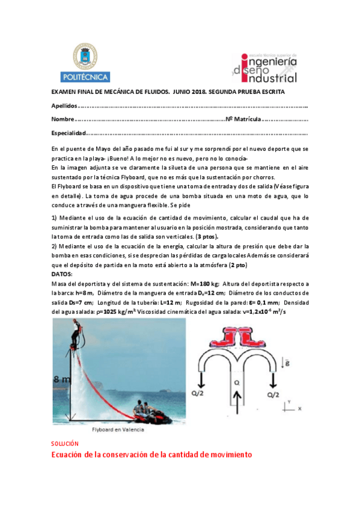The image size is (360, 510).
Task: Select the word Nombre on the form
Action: point(63,119)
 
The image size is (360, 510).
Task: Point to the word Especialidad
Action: point(69,134)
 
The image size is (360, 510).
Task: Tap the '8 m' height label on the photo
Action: point(61,378)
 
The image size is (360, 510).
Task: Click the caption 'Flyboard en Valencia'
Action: point(117,430)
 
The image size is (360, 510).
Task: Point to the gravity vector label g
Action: point(290,363)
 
